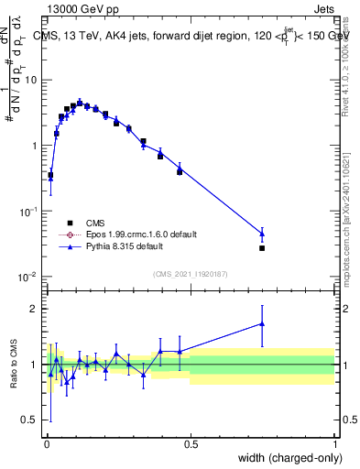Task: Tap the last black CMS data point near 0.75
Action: pyautogui.click(x=262, y=248)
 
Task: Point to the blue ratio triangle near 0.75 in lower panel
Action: pyautogui.click(x=262, y=323)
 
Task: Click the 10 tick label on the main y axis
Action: pyautogui.click(x=32, y=80)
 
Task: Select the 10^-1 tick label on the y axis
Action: pyautogui.click(x=30, y=211)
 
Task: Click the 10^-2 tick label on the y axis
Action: pyautogui.click(x=30, y=277)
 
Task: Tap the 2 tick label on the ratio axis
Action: pyautogui.click(x=37, y=309)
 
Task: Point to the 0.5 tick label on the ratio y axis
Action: pyautogui.click(x=32, y=421)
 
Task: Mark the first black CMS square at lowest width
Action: pyautogui.click(x=50, y=175)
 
